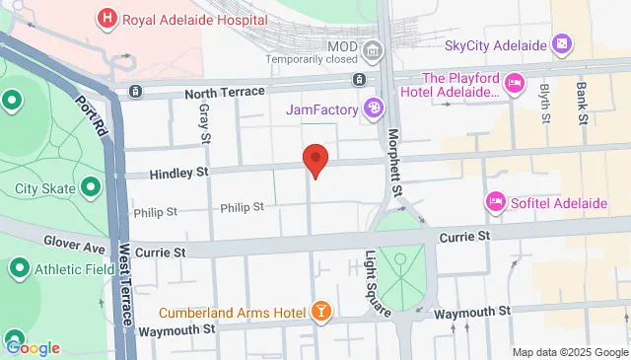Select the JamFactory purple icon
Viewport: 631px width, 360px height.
tap(374, 108)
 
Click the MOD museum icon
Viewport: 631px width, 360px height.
tap(372, 49)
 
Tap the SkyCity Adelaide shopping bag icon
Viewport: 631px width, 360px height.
tap(562, 43)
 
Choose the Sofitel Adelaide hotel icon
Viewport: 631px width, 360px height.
tap(495, 202)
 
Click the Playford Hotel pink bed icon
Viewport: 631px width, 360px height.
tap(514, 84)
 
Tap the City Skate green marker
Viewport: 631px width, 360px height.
tap(91, 186)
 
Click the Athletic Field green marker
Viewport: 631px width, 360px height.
tap(19, 267)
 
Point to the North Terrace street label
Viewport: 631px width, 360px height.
tap(225, 92)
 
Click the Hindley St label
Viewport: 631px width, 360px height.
tap(180, 174)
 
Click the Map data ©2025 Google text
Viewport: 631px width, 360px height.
tap(569, 352)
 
